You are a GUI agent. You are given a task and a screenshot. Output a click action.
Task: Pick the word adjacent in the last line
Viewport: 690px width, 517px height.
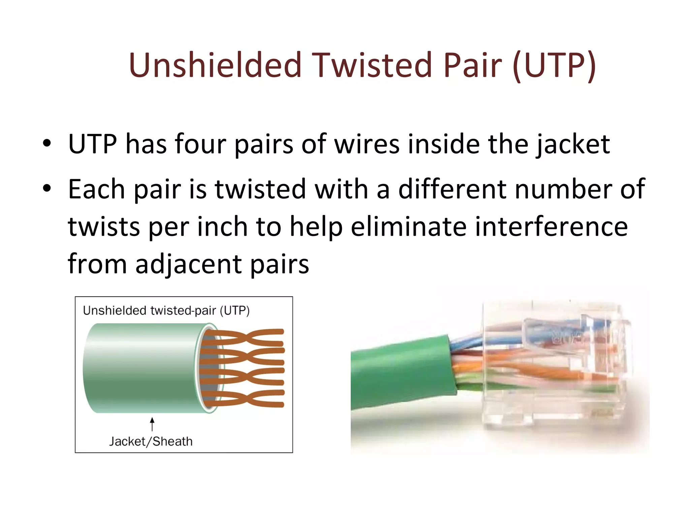188,264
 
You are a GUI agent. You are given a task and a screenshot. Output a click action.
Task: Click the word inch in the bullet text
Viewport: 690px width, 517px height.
222,227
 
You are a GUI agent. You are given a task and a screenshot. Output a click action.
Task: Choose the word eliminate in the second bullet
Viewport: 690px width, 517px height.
409,227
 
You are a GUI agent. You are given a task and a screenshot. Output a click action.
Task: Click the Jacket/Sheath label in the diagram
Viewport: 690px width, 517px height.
151,441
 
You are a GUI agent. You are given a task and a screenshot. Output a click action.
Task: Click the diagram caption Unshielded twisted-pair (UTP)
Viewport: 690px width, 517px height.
166,310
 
